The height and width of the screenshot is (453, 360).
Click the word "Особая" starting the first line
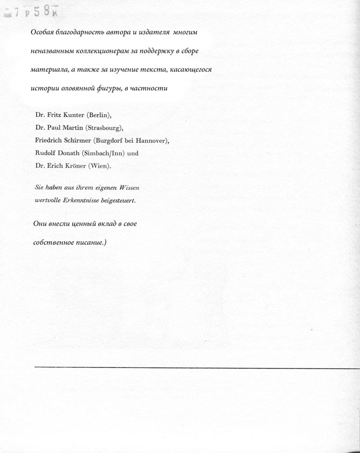pyautogui.click(x=43, y=32)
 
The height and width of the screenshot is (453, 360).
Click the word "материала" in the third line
pyautogui.click(x=49, y=70)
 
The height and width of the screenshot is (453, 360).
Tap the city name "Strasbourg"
pyautogui.click(x=105, y=128)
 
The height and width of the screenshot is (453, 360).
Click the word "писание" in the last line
pyautogui.click(x=86, y=242)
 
